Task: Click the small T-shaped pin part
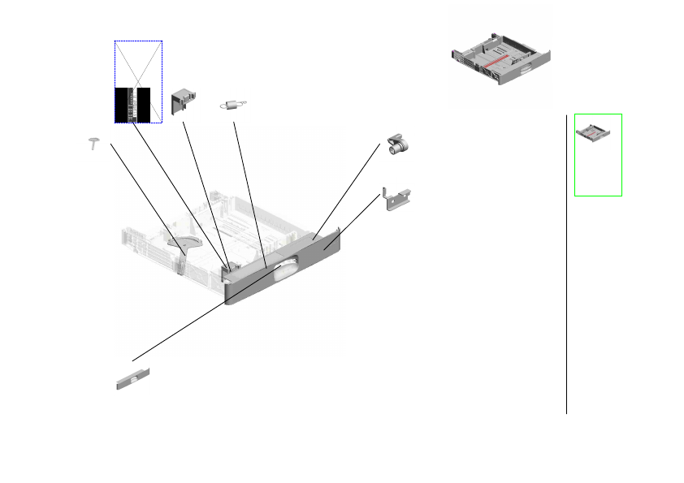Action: tap(94, 143)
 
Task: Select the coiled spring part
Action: tap(234, 104)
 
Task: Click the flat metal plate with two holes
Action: tap(397, 199)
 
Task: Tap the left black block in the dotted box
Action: tap(123, 104)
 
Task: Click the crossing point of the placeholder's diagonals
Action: tap(138, 81)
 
